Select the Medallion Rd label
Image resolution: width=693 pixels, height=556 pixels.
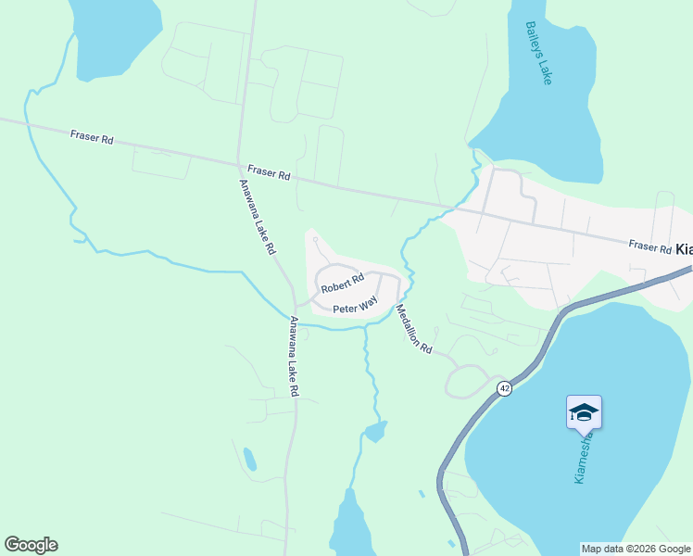(414, 329)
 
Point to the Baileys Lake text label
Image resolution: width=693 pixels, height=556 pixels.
(538, 53)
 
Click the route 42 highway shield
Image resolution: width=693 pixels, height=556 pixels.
(503, 387)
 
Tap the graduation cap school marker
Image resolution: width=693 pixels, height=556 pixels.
(584, 412)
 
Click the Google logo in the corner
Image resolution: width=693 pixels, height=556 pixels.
(31, 545)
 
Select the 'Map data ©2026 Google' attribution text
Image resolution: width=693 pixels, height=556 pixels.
(636, 549)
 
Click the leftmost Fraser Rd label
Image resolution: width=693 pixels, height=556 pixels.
(92, 138)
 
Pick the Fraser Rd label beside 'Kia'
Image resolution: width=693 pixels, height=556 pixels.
(649, 246)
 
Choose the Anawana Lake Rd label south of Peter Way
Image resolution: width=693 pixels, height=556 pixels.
(293, 357)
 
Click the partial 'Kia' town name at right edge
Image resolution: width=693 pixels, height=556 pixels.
(684, 249)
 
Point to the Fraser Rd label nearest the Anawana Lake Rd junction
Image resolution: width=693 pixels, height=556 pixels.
(270, 173)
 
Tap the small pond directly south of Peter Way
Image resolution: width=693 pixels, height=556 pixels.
(375, 432)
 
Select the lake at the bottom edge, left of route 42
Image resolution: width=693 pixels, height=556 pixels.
(350, 528)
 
